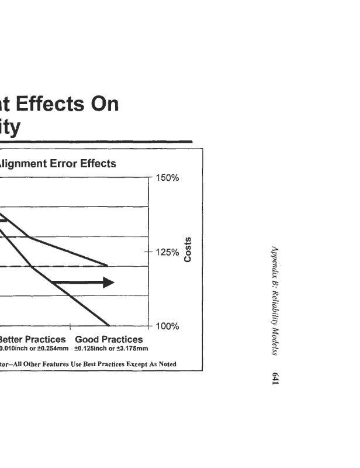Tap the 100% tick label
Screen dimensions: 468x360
click(169, 326)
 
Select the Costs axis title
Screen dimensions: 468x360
click(188, 250)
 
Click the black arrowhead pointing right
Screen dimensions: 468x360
click(109, 283)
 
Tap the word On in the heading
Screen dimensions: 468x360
click(103, 104)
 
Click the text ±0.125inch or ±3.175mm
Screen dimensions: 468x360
click(111, 349)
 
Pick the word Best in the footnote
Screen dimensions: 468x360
click(85, 364)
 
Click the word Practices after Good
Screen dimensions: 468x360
click(122, 339)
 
